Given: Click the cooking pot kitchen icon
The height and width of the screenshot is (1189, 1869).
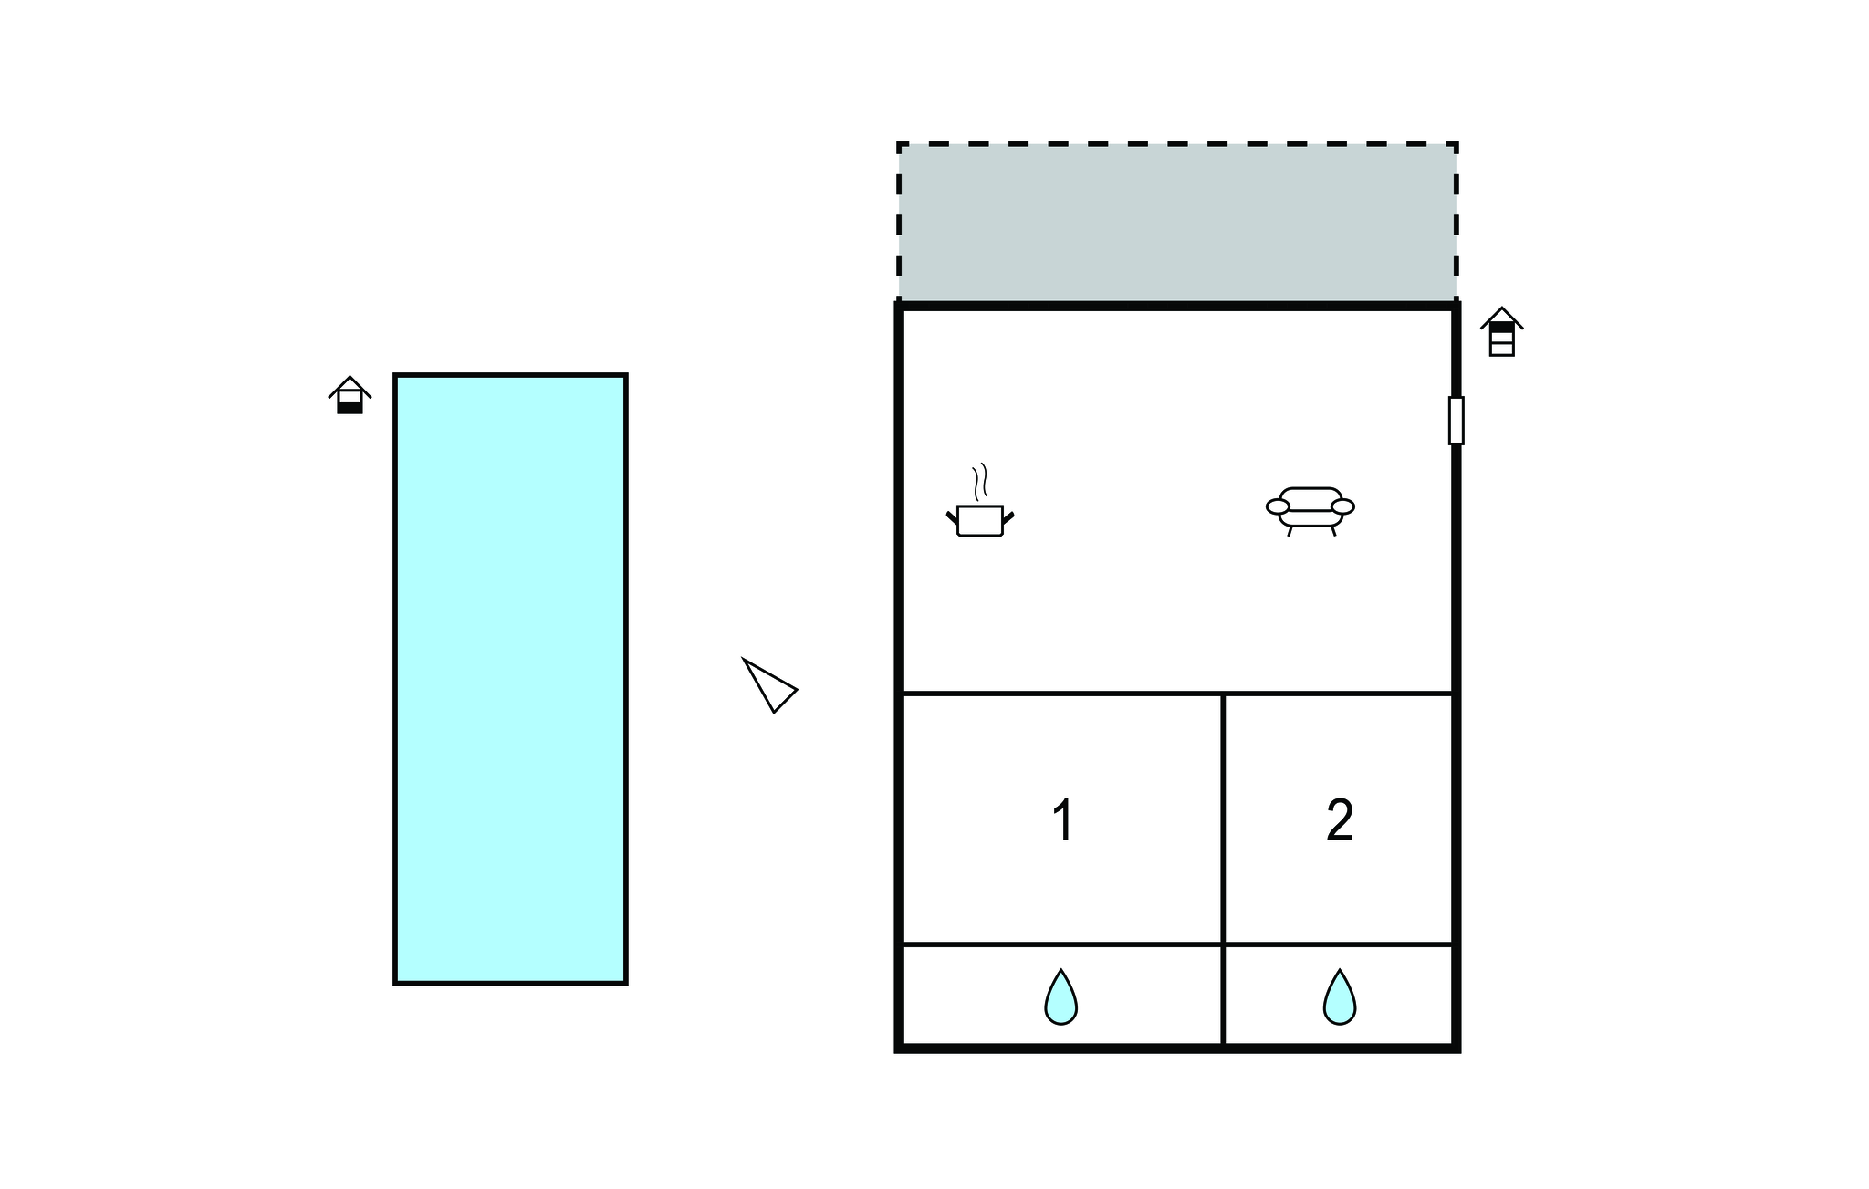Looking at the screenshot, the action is point(980,501).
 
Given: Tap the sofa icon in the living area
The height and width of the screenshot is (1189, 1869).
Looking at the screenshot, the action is point(1310,511).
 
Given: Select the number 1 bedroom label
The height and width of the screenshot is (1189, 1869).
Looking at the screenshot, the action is point(1062,819).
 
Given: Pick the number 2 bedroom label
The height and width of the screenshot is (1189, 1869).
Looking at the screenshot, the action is point(1340,819).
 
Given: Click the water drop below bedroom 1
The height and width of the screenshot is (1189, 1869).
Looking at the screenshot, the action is point(1060,996).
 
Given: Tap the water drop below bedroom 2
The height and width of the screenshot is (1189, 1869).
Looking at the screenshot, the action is point(1340,996).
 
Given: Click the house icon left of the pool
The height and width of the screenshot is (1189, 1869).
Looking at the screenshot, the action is point(350,395).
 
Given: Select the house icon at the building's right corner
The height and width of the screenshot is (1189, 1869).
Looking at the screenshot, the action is point(1501,332).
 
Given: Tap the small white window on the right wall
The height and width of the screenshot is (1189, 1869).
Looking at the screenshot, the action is point(1456,421).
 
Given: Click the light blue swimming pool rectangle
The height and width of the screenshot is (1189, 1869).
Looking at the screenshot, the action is point(510,679).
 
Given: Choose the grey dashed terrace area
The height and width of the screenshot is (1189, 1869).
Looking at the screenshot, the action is point(1177,222).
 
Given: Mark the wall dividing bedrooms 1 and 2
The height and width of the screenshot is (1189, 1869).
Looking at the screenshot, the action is point(1223,819).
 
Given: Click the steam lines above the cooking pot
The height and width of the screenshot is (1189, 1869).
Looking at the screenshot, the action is point(980,482).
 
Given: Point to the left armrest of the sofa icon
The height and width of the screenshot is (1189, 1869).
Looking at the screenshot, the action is point(1278,507).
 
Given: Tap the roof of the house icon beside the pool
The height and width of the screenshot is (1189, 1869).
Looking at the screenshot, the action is point(350,386).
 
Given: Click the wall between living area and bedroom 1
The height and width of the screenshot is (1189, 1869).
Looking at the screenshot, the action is point(1062,694).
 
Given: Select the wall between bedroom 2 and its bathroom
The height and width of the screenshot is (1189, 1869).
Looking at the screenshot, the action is point(1338,944).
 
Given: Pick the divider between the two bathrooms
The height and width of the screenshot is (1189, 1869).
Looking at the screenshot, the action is point(1223,995).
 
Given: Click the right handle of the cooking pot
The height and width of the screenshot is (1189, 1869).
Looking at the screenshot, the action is point(1008,518).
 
